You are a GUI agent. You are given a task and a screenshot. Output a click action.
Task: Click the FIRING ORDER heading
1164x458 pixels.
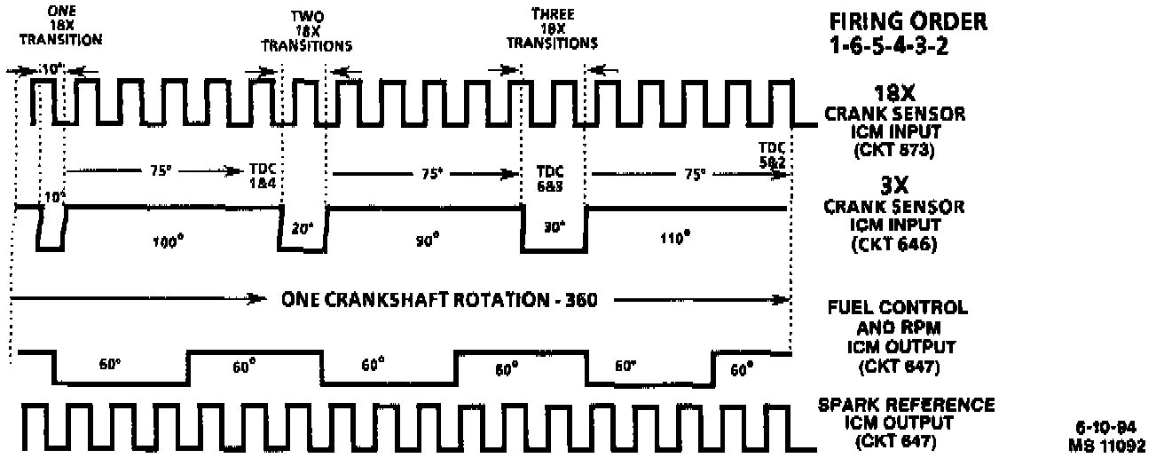[896, 20]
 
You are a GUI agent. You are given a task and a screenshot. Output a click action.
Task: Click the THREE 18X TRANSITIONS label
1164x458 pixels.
[551, 28]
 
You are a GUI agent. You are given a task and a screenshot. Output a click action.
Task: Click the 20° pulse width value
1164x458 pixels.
[303, 227]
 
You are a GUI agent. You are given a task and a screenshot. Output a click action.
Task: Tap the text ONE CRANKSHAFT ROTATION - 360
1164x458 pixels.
[438, 300]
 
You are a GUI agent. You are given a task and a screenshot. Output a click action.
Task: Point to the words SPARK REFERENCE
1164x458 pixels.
[905, 406]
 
